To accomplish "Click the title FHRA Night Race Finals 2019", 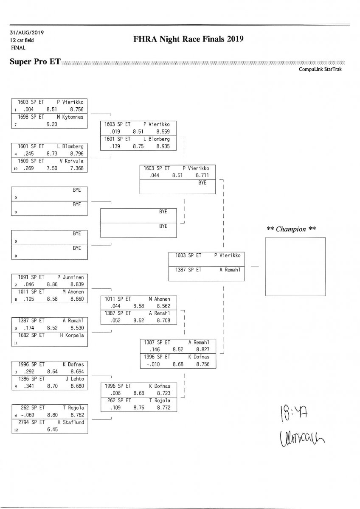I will click(x=188, y=39).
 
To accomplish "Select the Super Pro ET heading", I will click(x=35, y=62).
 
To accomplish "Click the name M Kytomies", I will click(x=70, y=117).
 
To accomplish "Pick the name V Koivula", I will click(x=70, y=161).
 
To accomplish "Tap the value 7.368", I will click(x=77, y=168).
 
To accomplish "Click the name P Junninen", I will click(x=70, y=277).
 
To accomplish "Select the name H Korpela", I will click(x=72, y=335).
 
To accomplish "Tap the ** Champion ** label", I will click(x=291, y=229).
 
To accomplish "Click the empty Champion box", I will click(x=295, y=266).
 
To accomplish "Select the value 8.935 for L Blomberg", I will click(x=163, y=146).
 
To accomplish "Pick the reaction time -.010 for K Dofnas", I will click(x=152, y=364).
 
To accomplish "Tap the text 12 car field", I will click(x=22, y=40).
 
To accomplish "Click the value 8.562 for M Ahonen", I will click(x=163, y=306).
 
